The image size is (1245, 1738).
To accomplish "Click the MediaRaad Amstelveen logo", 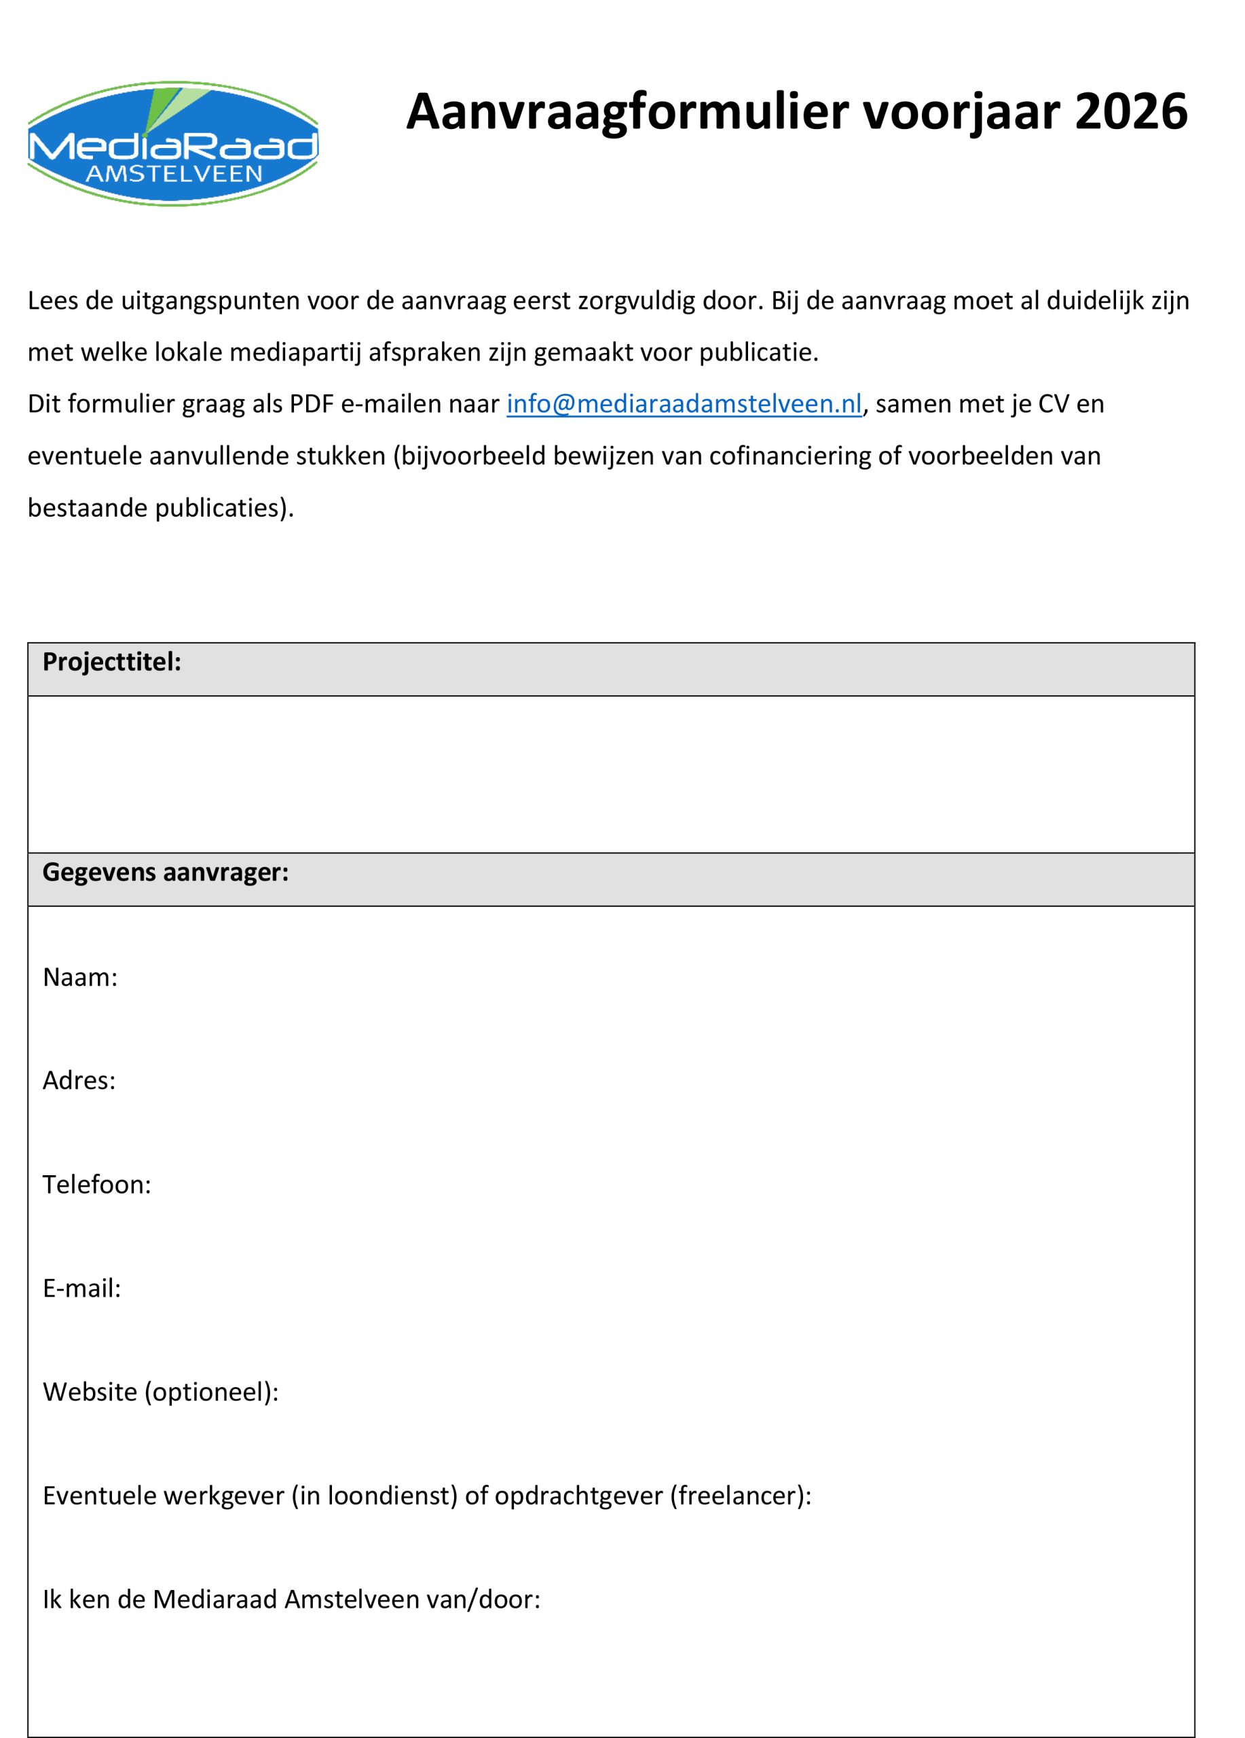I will [x=172, y=143].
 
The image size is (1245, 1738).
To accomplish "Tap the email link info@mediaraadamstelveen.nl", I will [x=684, y=404].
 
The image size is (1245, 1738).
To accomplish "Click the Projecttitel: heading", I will [x=112, y=662].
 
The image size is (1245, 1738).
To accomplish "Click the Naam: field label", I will [x=79, y=977].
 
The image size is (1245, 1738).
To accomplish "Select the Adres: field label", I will [x=79, y=1081].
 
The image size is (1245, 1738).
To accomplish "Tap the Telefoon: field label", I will [x=96, y=1185].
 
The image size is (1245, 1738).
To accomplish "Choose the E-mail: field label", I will [x=81, y=1288].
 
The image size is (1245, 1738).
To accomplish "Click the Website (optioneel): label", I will [x=160, y=1392].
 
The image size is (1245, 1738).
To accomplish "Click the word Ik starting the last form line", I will [x=52, y=1600].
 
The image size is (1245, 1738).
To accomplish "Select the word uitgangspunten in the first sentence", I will [x=210, y=300].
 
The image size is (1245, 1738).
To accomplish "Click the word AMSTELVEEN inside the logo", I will [x=174, y=174].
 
